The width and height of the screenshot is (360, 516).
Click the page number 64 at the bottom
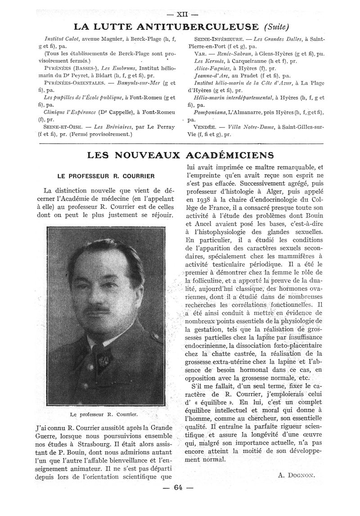(180, 488)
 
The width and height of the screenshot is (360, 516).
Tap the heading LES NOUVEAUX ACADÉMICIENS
(180, 155)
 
